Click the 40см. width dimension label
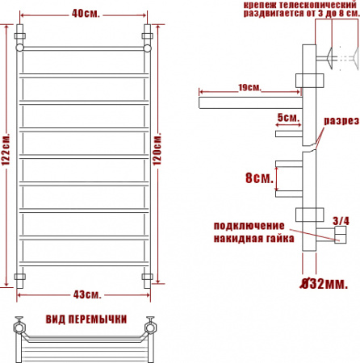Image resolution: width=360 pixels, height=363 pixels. click(84, 13)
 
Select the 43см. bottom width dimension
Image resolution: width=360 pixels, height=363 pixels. click(84, 292)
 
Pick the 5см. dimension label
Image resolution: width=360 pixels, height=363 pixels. click(287, 118)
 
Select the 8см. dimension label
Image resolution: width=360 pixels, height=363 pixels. click(259, 177)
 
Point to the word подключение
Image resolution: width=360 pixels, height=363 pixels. click(249, 225)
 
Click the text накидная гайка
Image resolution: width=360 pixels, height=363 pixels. click(252, 240)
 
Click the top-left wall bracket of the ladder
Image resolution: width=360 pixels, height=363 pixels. click(20, 37)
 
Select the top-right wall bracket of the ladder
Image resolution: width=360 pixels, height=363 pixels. click(148, 37)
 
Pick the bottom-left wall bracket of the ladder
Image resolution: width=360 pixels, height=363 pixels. click(20, 277)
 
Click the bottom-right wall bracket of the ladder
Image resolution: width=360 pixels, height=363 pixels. click(148, 277)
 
